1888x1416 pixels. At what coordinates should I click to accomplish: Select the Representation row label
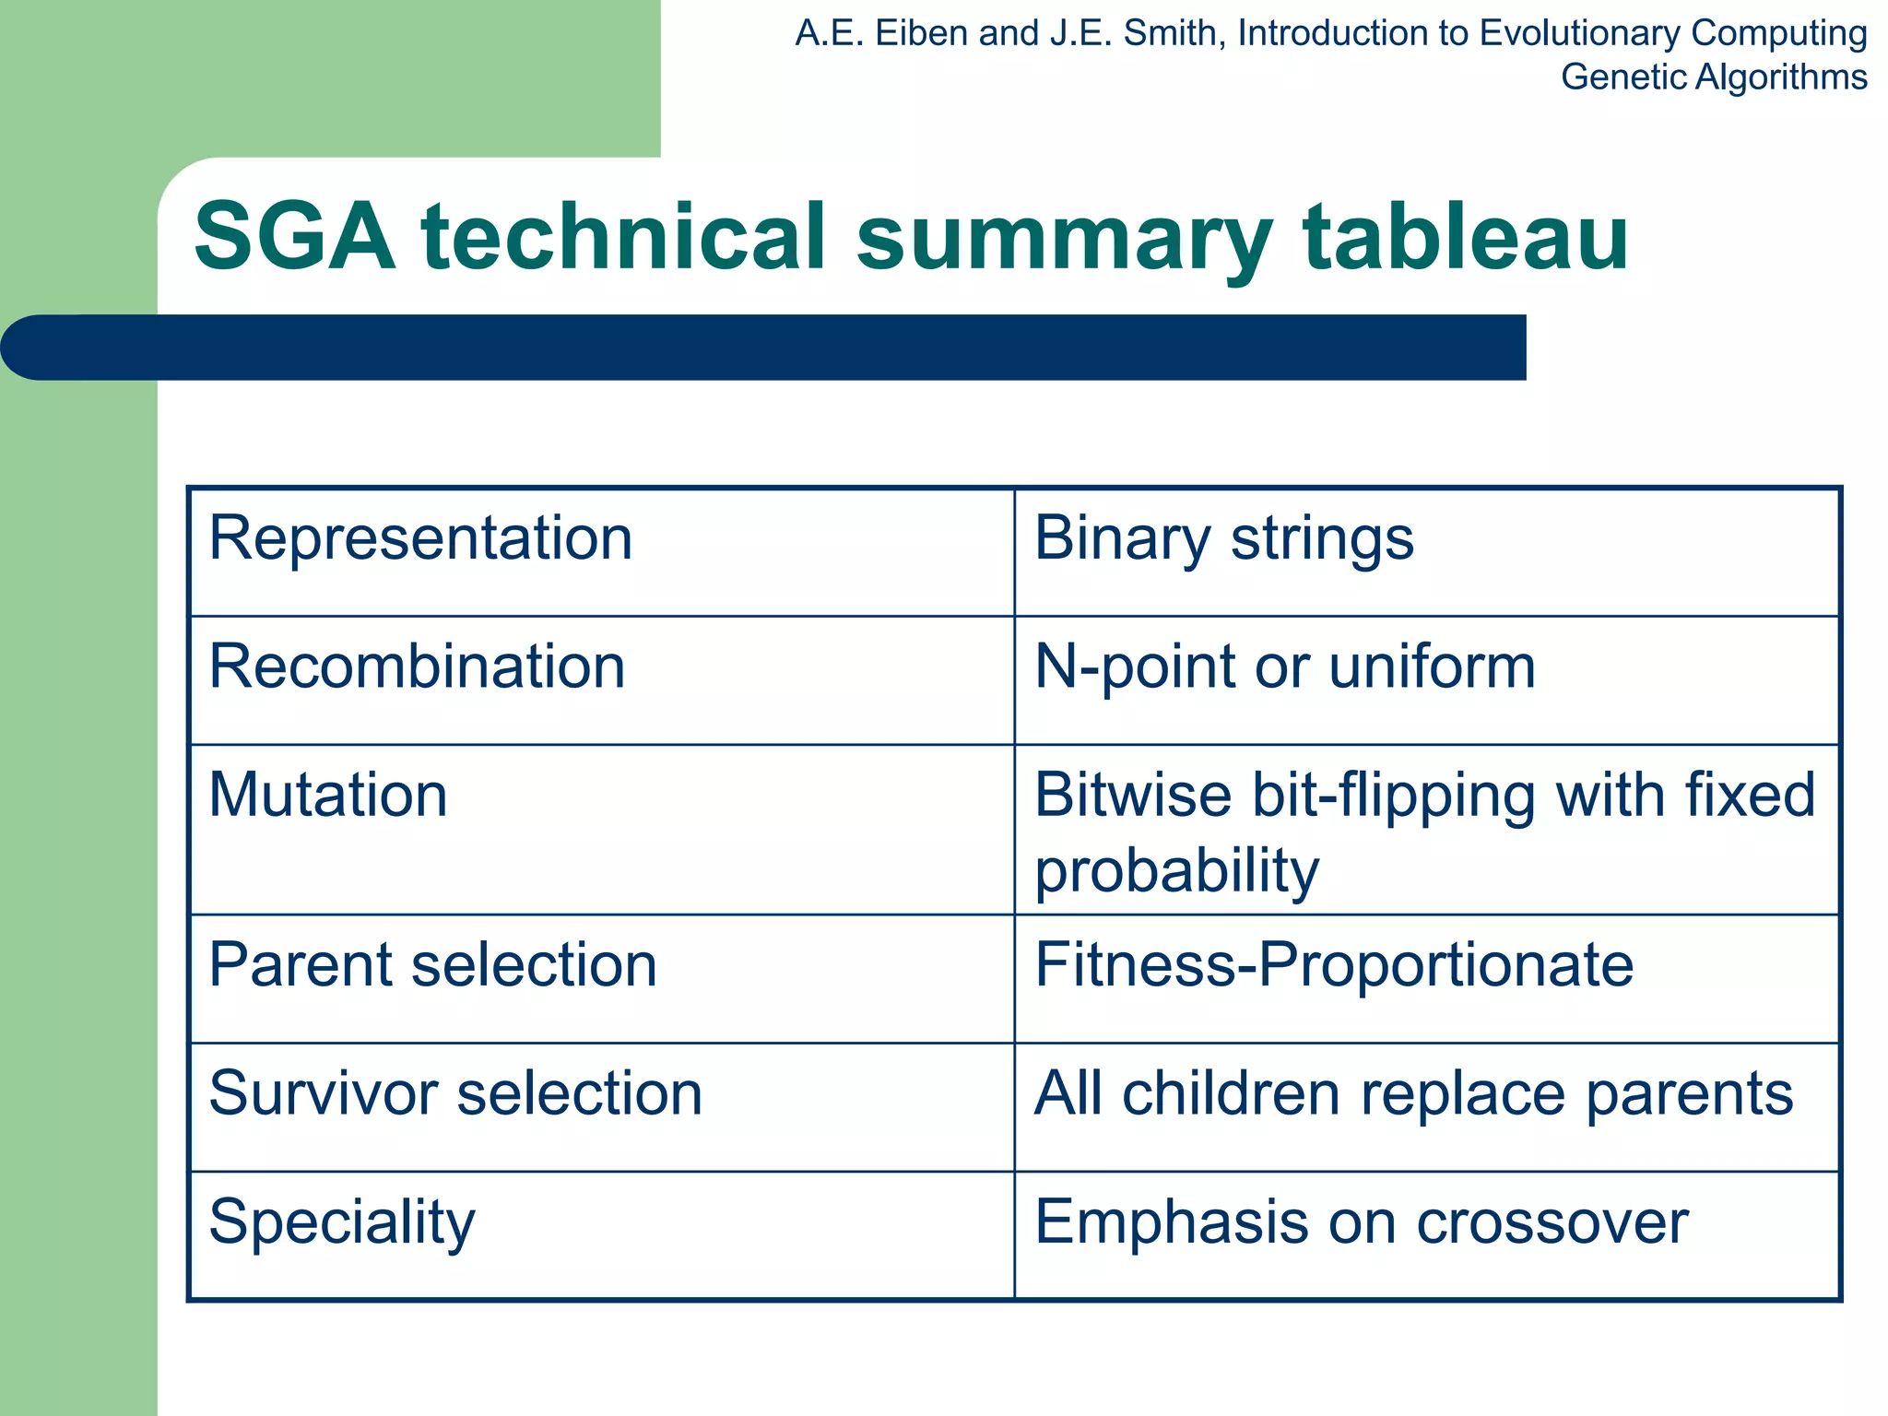click(420, 538)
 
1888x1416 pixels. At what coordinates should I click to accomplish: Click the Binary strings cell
click(1223, 538)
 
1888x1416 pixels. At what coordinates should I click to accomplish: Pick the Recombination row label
click(417, 667)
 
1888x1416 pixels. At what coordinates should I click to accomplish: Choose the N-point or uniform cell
click(1284, 667)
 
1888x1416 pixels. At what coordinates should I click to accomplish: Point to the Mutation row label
click(328, 796)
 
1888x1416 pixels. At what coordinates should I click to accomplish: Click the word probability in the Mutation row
click(1176, 871)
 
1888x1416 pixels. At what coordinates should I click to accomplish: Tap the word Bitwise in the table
click(1132, 796)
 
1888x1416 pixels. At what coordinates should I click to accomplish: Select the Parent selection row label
click(432, 965)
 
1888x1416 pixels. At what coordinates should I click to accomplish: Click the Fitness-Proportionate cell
click(1333, 965)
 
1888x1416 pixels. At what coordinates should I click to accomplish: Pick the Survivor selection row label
click(455, 1094)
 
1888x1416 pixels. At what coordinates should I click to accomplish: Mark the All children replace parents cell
click(1413, 1094)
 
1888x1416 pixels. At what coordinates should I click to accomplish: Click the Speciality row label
click(342, 1223)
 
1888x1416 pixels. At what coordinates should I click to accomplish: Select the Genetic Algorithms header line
click(1713, 77)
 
